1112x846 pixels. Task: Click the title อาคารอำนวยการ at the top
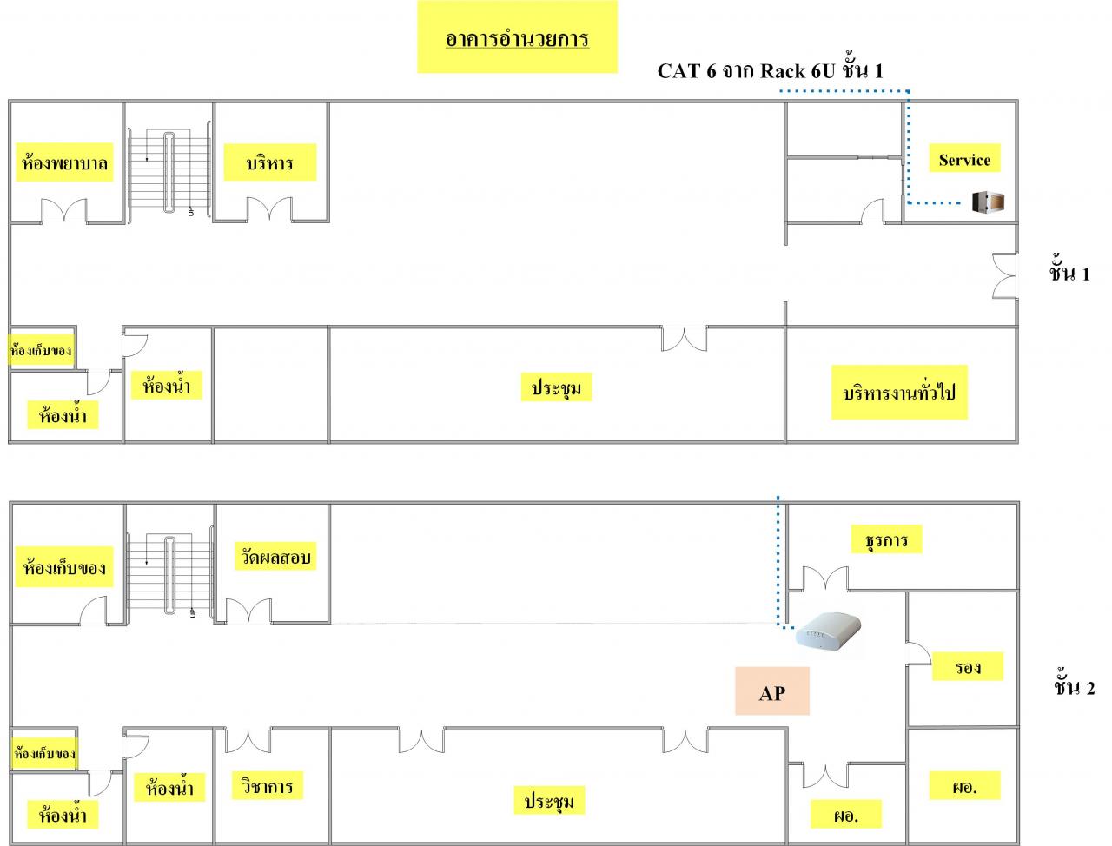(x=517, y=39)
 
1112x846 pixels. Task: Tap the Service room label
(x=964, y=160)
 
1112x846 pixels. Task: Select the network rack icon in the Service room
(x=989, y=202)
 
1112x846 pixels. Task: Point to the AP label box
(x=771, y=691)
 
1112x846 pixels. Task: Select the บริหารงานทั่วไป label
(x=899, y=393)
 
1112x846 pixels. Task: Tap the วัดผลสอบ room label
(x=273, y=557)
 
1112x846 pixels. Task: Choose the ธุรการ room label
(x=886, y=540)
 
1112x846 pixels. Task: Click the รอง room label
(x=967, y=667)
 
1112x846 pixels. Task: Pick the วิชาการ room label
(x=268, y=787)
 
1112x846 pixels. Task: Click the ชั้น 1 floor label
(x=1069, y=273)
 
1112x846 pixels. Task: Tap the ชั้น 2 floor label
(x=1074, y=687)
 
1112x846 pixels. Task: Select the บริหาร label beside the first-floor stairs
(x=269, y=162)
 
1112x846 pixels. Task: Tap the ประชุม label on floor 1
(x=556, y=387)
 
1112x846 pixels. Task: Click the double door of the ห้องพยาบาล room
(x=65, y=211)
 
